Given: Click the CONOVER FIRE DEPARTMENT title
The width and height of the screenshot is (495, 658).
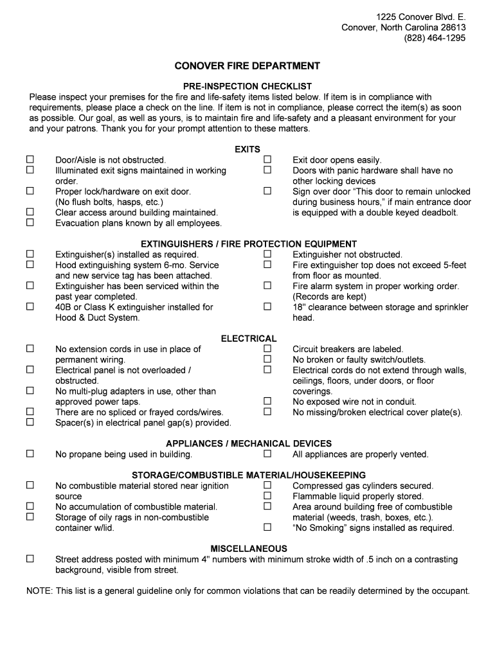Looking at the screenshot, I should point(248,66).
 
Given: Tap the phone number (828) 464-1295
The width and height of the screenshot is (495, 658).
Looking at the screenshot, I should point(435,38).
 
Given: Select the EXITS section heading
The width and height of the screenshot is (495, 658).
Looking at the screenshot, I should point(248,149).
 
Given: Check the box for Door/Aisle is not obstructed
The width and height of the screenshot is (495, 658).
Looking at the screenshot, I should point(30,159).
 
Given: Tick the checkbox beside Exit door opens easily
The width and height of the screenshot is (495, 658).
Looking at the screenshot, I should point(267,159).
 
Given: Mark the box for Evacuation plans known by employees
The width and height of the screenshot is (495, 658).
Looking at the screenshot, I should point(30,222).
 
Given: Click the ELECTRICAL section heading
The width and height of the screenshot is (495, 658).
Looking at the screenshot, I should point(249,339).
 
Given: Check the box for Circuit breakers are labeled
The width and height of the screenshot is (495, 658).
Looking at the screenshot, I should point(267,349).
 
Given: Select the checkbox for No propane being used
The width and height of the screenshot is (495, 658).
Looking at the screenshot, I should point(30,454).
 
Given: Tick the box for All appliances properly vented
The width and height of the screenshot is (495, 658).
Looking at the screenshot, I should point(267,454).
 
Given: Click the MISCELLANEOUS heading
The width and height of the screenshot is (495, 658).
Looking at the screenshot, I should point(249,549).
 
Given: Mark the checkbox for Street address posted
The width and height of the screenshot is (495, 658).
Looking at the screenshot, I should point(30,559).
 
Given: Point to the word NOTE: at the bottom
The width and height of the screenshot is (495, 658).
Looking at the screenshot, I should point(39,591).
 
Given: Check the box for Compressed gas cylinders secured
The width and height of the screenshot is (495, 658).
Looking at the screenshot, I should point(267,486).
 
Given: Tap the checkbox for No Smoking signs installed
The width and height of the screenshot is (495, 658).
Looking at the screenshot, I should point(267,528).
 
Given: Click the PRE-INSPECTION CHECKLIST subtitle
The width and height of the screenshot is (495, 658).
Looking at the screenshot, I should point(248,86).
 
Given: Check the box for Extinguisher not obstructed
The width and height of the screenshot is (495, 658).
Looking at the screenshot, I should point(267,254).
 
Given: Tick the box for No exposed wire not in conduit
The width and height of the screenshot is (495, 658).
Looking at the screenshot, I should point(267,402).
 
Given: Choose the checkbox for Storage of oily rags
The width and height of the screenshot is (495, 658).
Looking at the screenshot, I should point(30,517).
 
